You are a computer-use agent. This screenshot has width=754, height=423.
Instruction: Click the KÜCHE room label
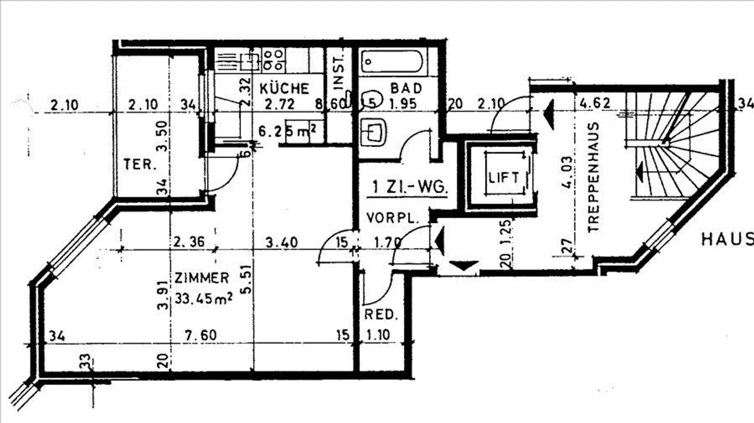click(284, 88)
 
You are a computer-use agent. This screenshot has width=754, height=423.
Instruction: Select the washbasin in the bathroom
click(374, 130)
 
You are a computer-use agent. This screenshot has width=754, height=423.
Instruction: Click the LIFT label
click(504, 177)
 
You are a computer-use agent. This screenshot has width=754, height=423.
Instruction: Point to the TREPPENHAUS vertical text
click(593, 178)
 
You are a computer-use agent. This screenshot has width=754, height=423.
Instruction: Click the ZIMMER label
click(202, 278)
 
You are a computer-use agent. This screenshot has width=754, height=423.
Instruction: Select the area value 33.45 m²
click(203, 299)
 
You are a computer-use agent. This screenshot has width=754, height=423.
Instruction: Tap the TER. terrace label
click(140, 164)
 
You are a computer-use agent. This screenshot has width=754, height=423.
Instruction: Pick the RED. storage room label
click(381, 315)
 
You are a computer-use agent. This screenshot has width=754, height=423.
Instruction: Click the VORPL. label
click(393, 218)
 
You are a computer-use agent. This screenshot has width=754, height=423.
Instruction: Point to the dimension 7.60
click(201, 335)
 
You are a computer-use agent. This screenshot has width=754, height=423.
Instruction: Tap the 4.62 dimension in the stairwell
click(595, 103)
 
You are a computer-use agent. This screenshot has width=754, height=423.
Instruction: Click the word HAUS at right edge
click(727, 240)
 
